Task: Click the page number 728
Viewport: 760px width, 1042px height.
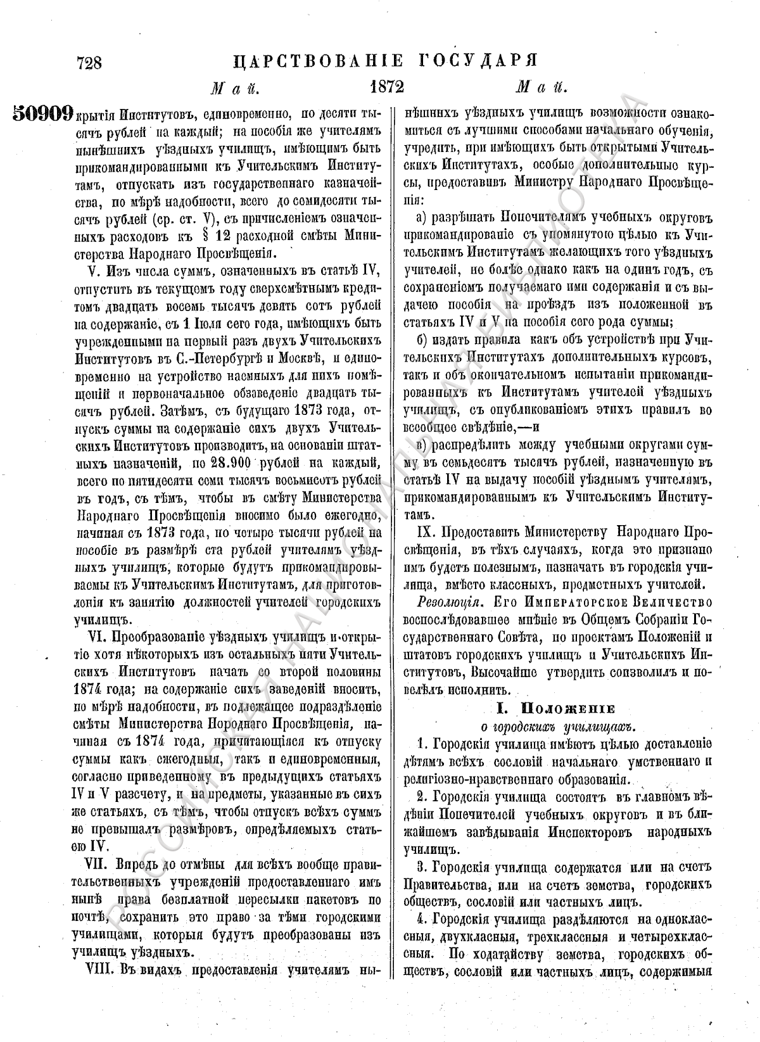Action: coord(89,63)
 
